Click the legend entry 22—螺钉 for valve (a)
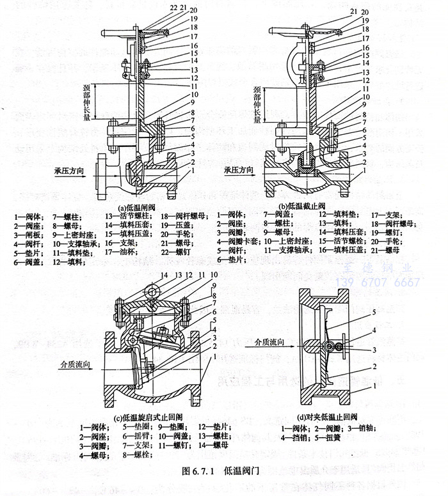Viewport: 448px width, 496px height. pyautogui.click(x=174, y=252)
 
